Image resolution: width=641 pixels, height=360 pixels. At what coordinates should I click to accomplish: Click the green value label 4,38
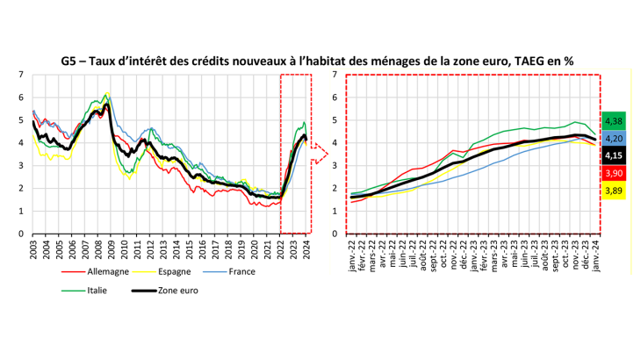615,122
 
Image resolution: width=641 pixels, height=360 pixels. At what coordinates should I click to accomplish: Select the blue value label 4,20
615,139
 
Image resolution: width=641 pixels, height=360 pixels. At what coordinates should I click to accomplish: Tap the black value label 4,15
615,155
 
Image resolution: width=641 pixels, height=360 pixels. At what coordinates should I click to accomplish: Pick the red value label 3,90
615,172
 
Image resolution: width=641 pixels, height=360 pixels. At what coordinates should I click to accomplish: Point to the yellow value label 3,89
615,189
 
